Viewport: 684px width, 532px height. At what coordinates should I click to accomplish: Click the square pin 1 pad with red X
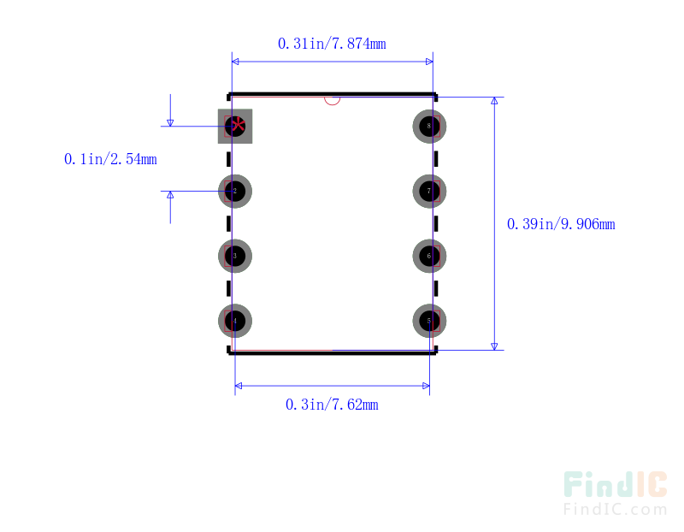235,127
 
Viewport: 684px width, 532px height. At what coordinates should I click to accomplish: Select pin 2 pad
235,191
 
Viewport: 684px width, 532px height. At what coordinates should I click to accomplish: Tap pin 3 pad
235,256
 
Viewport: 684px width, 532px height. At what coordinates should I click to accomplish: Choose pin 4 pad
235,321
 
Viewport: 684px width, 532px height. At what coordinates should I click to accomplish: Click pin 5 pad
429,321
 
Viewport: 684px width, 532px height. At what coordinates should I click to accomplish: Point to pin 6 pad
429,256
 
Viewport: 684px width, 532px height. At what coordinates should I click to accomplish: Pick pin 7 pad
429,191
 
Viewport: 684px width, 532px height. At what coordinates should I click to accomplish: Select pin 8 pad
429,127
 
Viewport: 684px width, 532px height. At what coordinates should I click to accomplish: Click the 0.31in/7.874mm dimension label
332,44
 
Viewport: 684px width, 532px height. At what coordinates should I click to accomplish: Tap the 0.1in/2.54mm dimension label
110,159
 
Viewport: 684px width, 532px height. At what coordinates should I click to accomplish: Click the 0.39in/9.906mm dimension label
561,224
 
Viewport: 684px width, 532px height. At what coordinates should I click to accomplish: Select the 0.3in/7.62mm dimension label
332,405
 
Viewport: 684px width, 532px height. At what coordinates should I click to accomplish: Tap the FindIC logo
615,486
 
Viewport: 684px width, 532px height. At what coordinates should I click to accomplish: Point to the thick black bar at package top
333,94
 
